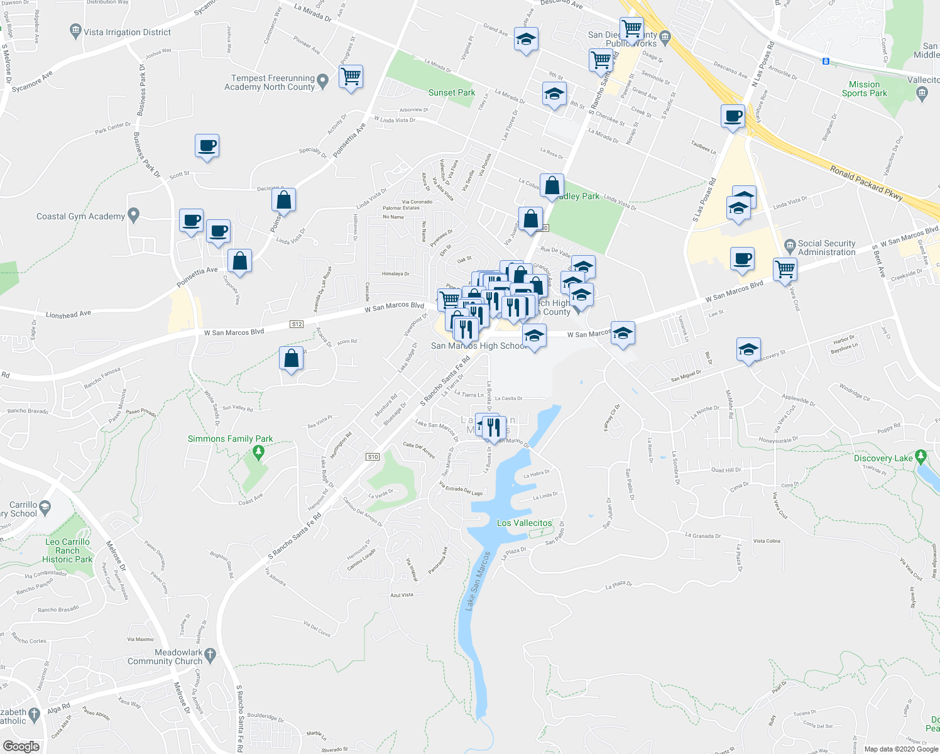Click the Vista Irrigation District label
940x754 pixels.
[128, 32]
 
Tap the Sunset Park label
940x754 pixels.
[452, 92]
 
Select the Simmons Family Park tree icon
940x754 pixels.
[258, 451]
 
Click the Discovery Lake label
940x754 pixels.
[883, 458]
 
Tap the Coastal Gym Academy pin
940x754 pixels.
[133, 215]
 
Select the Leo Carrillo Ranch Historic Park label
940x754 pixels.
[67, 550]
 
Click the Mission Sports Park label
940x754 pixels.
[865, 89]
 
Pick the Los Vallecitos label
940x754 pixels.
[524, 523]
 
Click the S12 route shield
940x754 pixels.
[297, 324]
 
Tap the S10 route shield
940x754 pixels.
[373, 457]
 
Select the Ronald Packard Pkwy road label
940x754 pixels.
[866, 183]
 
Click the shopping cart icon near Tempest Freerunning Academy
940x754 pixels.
[351, 77]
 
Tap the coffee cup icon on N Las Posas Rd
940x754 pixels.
[733, 116]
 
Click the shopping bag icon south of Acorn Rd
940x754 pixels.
[291, 359]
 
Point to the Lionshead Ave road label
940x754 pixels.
[68, 314]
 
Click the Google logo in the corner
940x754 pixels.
[21, 746]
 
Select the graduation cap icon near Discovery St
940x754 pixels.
[748, 349]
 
